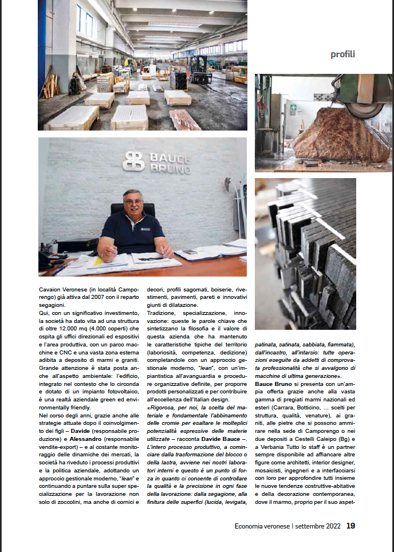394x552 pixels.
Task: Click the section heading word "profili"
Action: (343, 54)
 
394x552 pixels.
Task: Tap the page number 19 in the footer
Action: (350, 526)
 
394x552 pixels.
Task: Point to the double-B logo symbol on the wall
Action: (133, 161)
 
